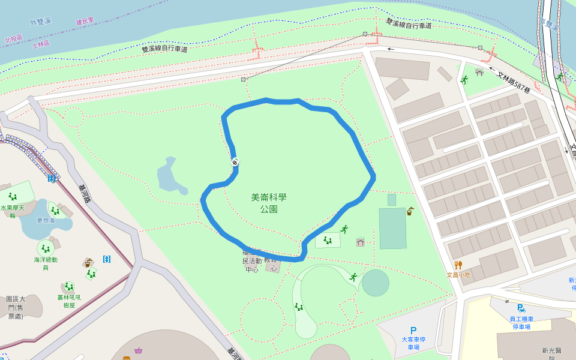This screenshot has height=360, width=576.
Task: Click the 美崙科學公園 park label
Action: click(x=268, y=203)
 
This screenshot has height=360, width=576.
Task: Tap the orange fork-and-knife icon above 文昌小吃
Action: click(x=458, y=265)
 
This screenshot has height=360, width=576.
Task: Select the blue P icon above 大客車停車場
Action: click(x=413, y=330)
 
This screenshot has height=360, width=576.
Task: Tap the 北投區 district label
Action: click(x=13, y=38)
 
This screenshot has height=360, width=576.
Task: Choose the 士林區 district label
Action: click(x=41, y=44)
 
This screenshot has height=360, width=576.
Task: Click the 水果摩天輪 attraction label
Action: click(x=12, y=211)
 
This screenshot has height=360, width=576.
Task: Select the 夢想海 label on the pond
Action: click(x=46, y=220)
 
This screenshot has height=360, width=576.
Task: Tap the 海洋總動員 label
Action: click(x=46, y=263)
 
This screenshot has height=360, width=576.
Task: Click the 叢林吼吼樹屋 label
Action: click(x=69, y=301)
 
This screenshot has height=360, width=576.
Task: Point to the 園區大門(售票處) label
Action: click(x=16, y=307)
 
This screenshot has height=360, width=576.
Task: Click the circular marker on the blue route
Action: click(x=235, y=162)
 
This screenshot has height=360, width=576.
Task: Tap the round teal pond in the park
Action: click(x=376, y=283)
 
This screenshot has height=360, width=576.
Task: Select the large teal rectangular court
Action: click(x=392, y=228)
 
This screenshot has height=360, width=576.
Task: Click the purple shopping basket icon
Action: click(x=139, y=350)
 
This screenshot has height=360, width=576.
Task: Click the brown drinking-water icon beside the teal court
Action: click(x=410, y=211)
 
